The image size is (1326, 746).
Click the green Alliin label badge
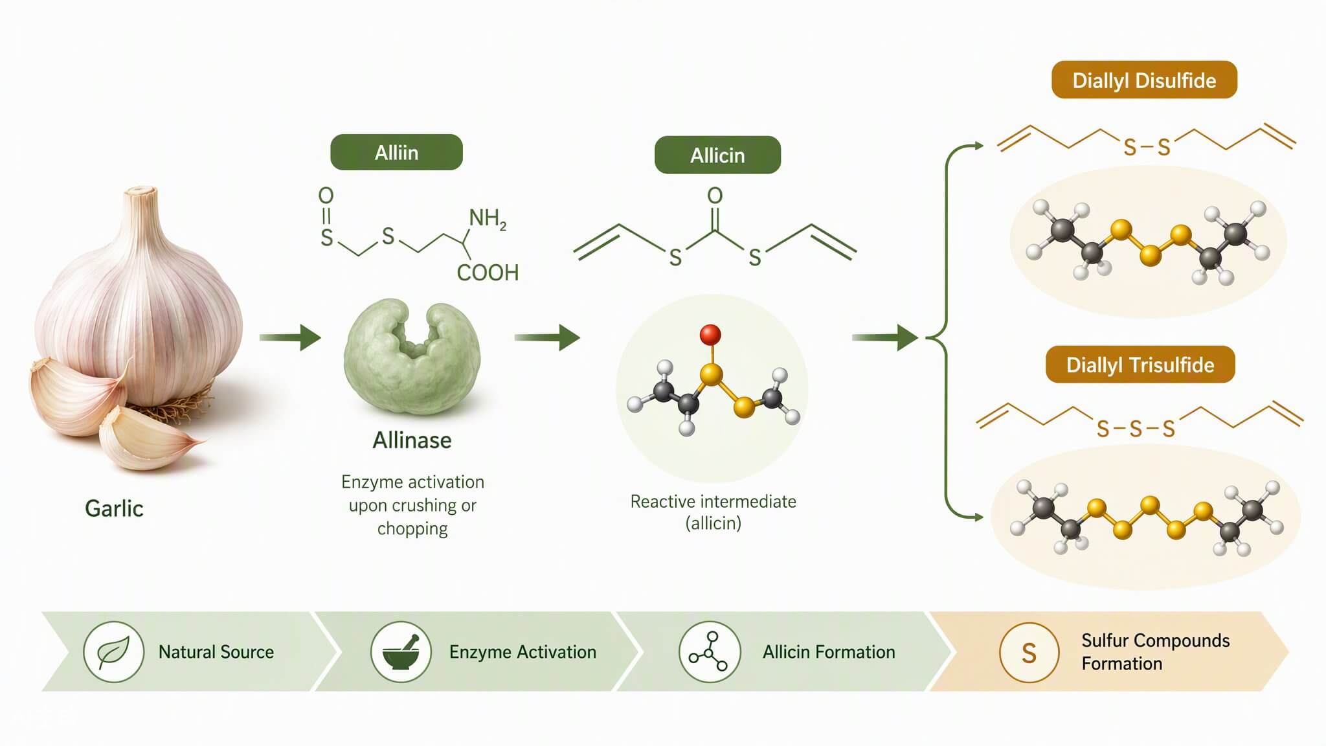[x=396, y=152]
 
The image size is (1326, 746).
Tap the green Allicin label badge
[x=717, y=155]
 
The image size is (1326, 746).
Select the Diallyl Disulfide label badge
[x=1144, y=80]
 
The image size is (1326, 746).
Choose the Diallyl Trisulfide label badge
[x=1140, y=365]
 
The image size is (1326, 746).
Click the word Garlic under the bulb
[x=114, y=508]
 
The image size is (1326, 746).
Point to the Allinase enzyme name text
[x=412, y=440]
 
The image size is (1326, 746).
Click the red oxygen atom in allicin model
[x=710, y=335]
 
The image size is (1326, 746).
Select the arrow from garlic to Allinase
[x=290, y=337]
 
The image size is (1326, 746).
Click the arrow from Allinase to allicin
[x=547, y=337]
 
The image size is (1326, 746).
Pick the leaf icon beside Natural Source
[x=113, y=651]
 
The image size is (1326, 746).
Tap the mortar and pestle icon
[x=401, y=651]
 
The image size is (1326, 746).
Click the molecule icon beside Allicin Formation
[x=709, y=651]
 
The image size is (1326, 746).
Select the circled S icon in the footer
[x=1029, y=653]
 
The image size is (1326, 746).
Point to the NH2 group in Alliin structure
[x=488, y=219]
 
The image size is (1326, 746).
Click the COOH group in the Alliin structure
[x=488, y=273]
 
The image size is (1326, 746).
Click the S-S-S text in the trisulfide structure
[x=1136, y=429]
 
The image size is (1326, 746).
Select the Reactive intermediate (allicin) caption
[x=714, y=512]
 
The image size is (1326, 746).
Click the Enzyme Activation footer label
[x=523, y=652]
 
